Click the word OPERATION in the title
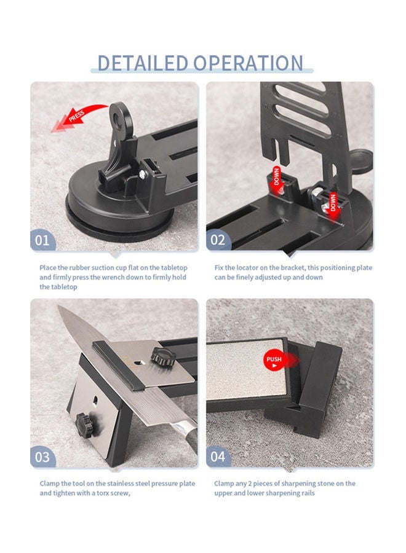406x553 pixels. pyautogui.click(x=249, y=63)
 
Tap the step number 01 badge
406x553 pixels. pyautogui.click(x=42, y=240)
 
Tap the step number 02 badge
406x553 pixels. pyautogui.click(x=218, y=240)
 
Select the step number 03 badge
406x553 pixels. pyautogui.click(x=42, y=457)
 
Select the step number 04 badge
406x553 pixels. pyautogui.click(x=218, y=457)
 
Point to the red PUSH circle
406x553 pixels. pyautogui.click(x=274, y=359)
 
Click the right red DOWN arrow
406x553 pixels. pyautogui.click(x=333, y=202)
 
